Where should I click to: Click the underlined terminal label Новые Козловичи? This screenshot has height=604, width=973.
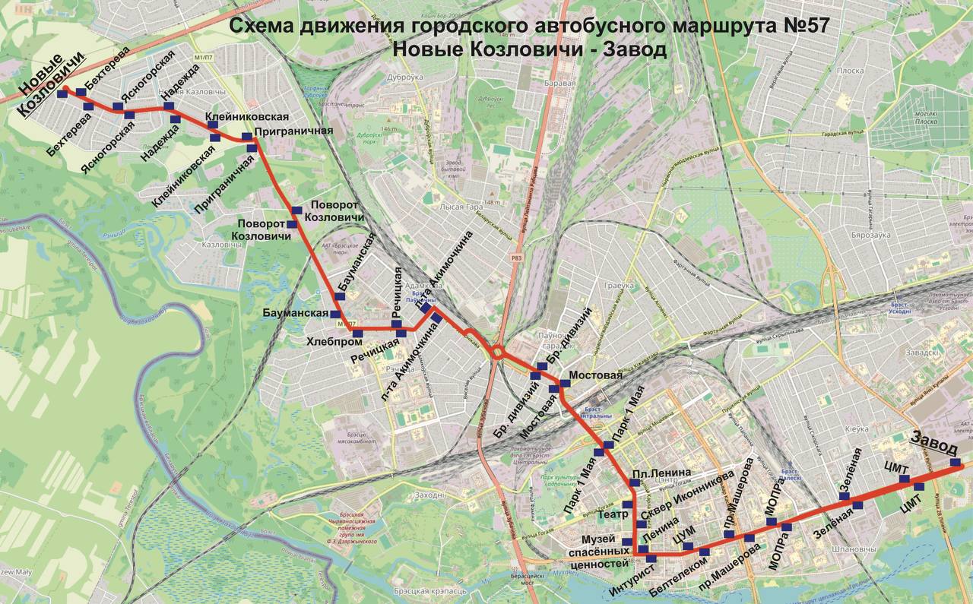(x=50, y=87)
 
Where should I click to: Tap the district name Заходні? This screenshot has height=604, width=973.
(x=429, y=495)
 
